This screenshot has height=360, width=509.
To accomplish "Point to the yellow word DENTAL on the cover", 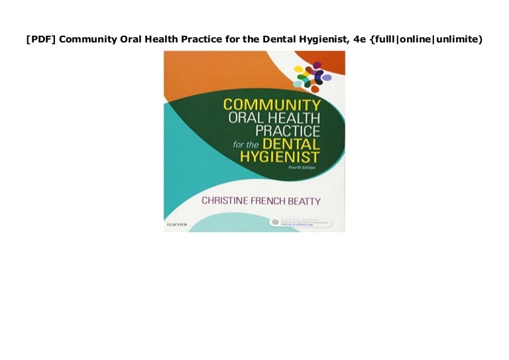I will (292, 144).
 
